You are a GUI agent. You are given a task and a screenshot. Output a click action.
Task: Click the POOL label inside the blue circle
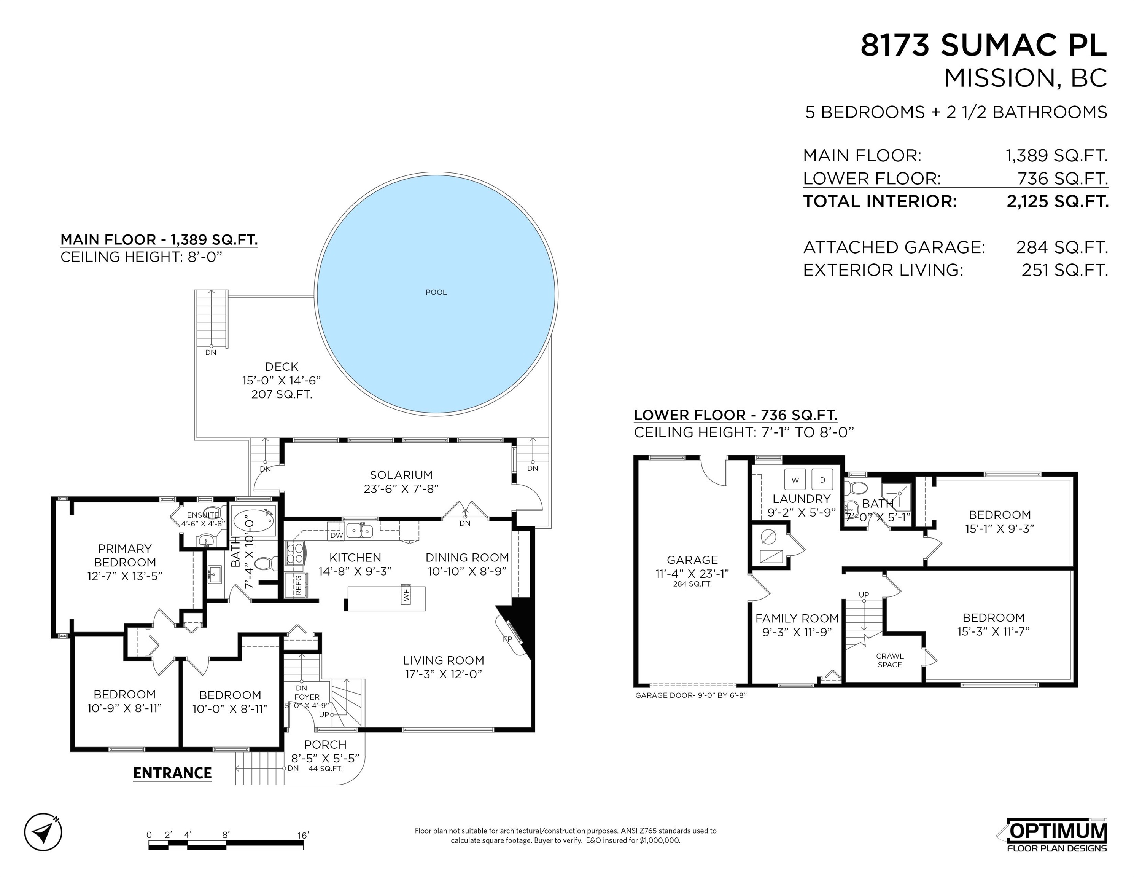436,292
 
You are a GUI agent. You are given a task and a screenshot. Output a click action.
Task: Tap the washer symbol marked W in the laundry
794,480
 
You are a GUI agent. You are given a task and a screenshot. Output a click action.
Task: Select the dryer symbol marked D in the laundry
822,480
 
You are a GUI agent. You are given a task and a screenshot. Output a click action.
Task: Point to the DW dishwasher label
336,535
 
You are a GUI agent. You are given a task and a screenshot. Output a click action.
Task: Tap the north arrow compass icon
43,832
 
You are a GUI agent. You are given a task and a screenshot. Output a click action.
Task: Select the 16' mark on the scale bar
303,835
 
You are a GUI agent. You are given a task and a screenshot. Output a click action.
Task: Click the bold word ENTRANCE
172,773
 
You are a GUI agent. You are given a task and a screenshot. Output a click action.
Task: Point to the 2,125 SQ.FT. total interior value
1057,202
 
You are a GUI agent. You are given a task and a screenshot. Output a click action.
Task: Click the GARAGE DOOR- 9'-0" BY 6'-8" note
690,695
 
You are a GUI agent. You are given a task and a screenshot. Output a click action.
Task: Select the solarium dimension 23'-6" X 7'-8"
401,488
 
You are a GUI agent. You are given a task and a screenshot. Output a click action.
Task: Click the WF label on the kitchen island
406,595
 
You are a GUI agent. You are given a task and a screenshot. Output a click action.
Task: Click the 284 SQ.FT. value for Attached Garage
1062,247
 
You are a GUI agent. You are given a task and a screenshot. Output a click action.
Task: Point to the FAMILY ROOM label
797,618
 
